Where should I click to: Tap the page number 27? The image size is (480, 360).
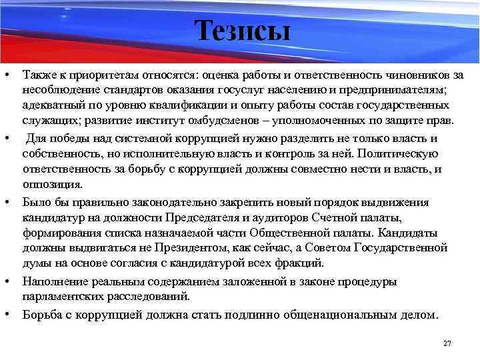(x=447, y=343)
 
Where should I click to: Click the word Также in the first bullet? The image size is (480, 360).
(x=38, y=75)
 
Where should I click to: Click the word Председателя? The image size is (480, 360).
(x=209, y=217)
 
